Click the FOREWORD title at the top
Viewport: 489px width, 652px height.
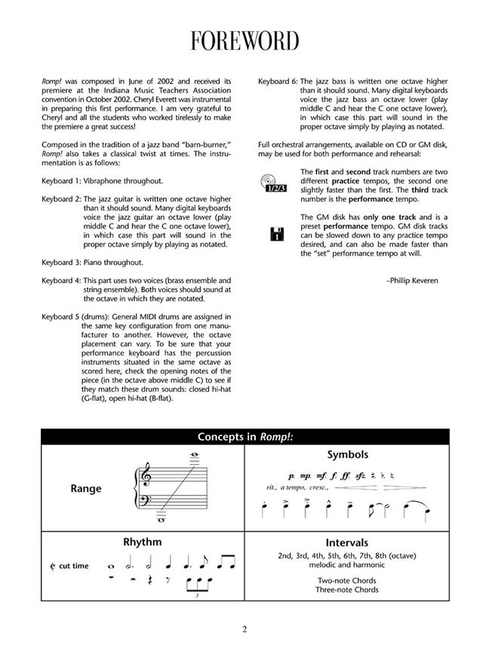click(244, 40)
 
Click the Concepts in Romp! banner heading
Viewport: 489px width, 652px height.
click(244, 437)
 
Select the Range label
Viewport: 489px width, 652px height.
click(86, 488)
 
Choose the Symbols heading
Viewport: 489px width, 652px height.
click(347, 455)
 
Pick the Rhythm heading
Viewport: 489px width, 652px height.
click(142, 542)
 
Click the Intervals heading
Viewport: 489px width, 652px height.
click(347, 543)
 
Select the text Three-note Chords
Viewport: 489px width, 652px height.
click(347, 589)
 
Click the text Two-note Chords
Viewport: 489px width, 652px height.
click(347, 580)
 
